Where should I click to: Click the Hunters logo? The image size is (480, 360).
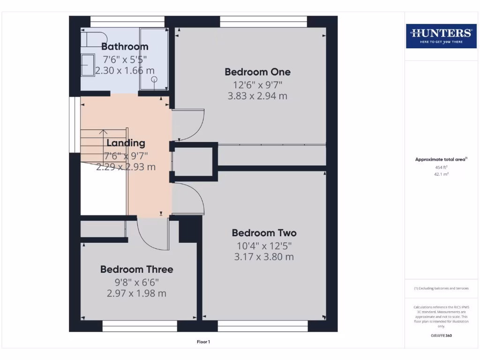441,36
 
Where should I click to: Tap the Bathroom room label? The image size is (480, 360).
125,46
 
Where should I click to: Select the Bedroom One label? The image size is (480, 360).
257,72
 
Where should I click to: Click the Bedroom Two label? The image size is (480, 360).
264,233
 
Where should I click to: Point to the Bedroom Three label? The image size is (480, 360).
136,269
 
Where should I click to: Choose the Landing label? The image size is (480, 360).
126,143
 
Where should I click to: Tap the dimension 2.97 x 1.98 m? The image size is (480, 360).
136,293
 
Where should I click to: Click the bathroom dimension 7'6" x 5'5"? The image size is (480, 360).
125,59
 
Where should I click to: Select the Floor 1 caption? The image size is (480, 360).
203,342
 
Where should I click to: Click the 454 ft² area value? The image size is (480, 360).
441,167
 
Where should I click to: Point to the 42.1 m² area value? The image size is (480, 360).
441,173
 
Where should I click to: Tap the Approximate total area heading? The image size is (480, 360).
441,159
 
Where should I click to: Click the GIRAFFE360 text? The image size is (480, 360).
441,336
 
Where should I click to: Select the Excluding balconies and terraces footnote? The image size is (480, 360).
441,288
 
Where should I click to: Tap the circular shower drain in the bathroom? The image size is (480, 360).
153,80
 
